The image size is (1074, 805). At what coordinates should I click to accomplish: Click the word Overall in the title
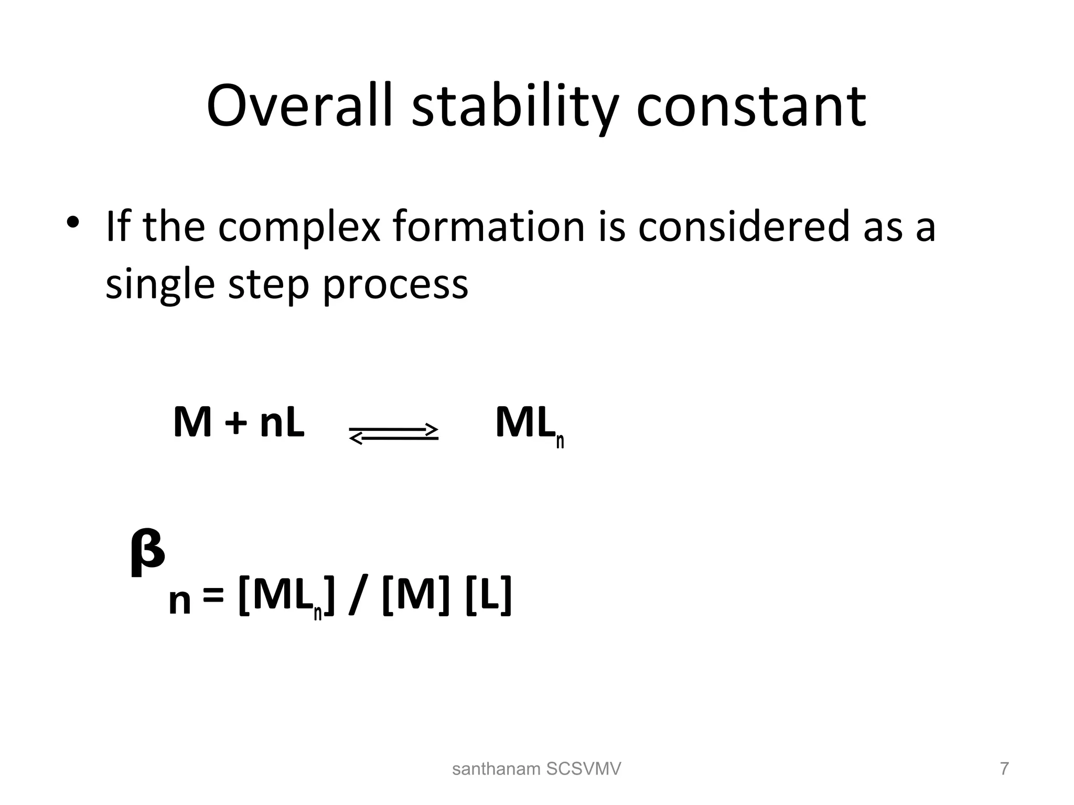[x=299, y=106]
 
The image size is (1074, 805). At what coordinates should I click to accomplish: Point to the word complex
[x=299, y=228]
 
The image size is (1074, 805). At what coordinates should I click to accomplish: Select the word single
[x=160, y=286]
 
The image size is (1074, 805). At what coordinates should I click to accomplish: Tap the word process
[x=395, y=286]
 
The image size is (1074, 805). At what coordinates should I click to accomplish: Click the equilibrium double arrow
[x=393, y=434]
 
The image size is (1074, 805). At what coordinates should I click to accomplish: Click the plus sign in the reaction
[x=235, y=423]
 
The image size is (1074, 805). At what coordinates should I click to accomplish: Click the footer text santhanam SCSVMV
[x=536, y=769]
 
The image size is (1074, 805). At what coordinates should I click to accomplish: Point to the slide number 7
[x=1004, y=769]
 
